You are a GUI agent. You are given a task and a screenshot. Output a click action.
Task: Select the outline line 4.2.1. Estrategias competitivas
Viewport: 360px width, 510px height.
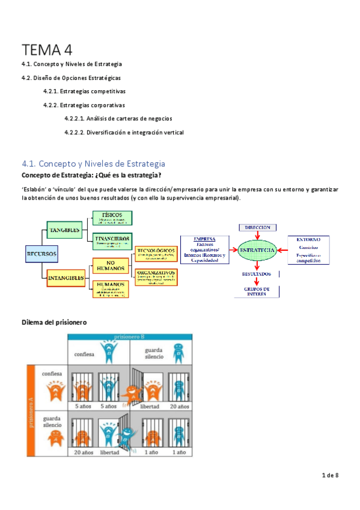pos(84,91)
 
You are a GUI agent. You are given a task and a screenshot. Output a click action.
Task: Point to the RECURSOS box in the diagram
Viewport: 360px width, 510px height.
pos(41,254)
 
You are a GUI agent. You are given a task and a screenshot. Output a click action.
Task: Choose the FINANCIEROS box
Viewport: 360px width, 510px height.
pos(112,241)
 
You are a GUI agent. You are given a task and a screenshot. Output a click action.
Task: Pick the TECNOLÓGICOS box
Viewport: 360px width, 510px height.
pos(156,253)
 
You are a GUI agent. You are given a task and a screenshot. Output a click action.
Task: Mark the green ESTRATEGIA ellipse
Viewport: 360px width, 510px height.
pos(257,250)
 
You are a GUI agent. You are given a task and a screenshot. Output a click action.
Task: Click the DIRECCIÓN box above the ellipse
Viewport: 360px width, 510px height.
pos(258,227)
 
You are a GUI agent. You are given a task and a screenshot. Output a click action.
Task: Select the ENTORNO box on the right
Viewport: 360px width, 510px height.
pos(308,250)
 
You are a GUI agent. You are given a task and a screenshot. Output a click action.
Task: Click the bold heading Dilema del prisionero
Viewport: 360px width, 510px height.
pos(54,322)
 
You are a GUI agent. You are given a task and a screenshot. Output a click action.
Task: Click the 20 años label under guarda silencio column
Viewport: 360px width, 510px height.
pos(179,407)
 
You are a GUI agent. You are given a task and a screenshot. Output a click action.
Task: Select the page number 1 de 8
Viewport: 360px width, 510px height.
pos(330,476)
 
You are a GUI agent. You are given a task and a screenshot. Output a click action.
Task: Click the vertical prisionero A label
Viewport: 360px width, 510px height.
pos(31,408)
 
